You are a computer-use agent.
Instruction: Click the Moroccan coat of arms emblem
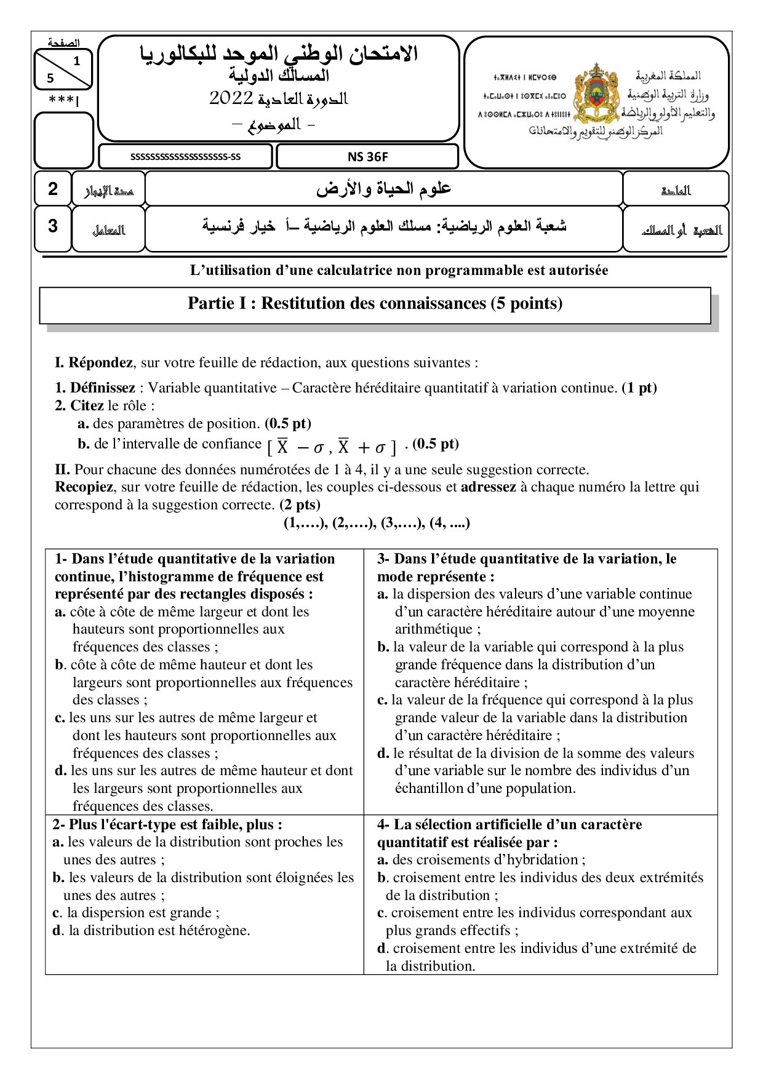[x=596, y=92]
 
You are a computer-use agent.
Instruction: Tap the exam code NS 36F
[x=367, y=157]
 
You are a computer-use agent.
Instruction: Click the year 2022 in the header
[x=231, y=98]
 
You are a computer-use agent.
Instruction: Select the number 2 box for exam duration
[x=53, y=189]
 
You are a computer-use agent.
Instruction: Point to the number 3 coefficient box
[x=53, y=226]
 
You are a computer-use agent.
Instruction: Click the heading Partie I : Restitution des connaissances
[x=375, y=303]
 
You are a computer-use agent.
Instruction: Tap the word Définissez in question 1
[x=102, y=388]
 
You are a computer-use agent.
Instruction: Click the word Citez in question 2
[x=87, y=406]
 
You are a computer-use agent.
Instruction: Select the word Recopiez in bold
[x=84, y=487]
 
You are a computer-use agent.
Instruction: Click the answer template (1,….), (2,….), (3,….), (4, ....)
[x=376, y=523]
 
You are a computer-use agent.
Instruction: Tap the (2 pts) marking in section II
[x=300, y=505]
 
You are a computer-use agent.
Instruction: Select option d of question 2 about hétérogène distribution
[x=151, y=931]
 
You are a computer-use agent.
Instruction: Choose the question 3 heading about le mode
[x=526, y=567]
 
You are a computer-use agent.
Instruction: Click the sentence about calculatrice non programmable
[x=399, y=271]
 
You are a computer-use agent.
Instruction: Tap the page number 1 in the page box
[x=76, y=61]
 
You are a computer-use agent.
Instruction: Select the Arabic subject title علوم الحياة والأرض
[x=383, y=189]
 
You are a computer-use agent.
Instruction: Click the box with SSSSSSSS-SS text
[x=185, y=157]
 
